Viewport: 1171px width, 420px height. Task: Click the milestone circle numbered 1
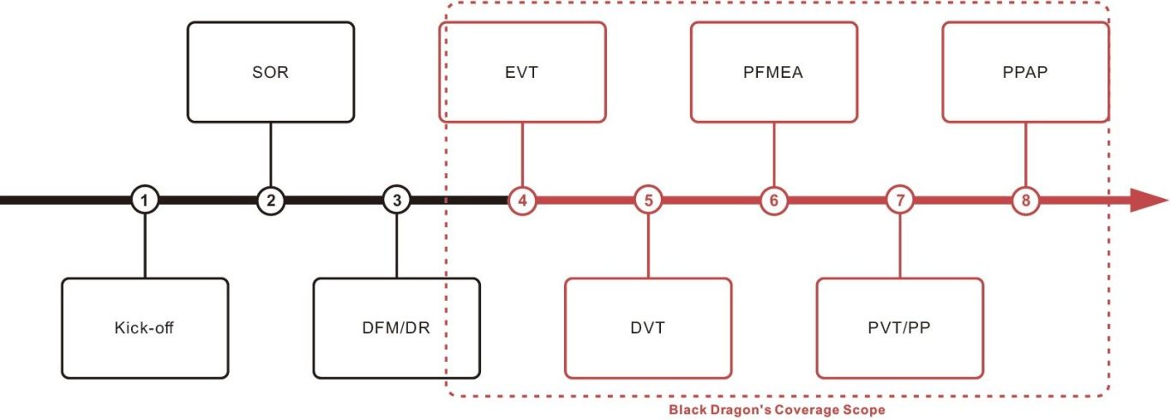[145, 201]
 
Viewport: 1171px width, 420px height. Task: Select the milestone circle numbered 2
[271, 201]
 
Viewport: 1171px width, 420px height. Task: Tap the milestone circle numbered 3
[396, 201]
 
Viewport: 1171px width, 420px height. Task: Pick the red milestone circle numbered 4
[522, 201]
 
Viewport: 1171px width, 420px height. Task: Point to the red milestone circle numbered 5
[648, 201]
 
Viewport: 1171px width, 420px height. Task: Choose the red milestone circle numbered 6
[774, 201]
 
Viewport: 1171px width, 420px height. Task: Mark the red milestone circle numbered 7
[900, 201]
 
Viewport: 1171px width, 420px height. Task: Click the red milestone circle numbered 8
[1025, 201]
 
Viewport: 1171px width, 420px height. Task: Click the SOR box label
[271, 72]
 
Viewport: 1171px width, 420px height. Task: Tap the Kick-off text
[145, 327]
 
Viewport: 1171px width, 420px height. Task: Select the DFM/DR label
[396, 327]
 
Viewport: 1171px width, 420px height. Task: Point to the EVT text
[522, 72]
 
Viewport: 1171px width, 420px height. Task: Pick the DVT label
[648, 327]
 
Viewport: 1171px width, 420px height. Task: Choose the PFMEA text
[774, 72]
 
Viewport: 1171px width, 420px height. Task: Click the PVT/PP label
[900, 327]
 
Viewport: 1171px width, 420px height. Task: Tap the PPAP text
[1025, 72]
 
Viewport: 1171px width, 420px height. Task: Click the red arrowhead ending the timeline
[1148, 201]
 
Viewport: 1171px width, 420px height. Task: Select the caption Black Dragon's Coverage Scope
[777, 410]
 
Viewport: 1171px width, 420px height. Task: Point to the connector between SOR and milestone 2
[271, 155]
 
